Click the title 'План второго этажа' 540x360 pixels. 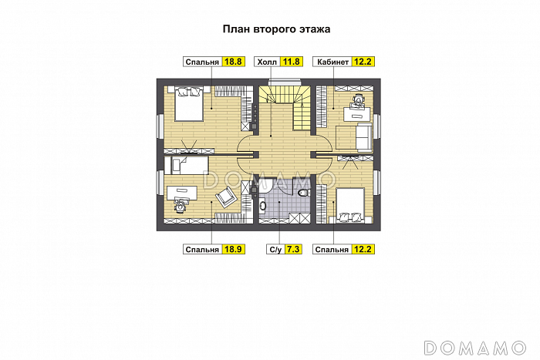pyautogui.click(x=276, y=29)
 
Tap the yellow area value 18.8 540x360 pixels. pyautogui.click(x=234, y=62)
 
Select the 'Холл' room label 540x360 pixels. pyautogui.click(x=267, y=62)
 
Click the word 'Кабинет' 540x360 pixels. pyautogui.click(x=333, y=62)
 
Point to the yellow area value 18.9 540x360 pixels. pyautogui.click(x=234, y=249)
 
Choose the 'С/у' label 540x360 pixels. pyautogui.click(x=275, y=250)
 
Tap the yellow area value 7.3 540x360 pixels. pyautogui.click(x=293, y=249)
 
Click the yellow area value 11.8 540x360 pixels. pyautogui.click(x=292, y=62)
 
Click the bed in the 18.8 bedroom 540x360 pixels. pyautogui.click(x=189, y=103)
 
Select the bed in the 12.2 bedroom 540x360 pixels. pyautogui.click(x=350, y=206)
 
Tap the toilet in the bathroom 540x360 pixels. pyautogui.click(x=302, y=193)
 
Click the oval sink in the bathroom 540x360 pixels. pyautogui.click(x=262, y=206)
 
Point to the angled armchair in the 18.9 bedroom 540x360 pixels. pyautogui.click(x=226, y=197)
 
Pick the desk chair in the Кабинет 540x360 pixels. pyautogui.click(x=358, y=101)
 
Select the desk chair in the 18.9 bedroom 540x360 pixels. pyautogui.click(x=180, y=206)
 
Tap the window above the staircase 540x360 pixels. pyautogui.click(x=285, y=82)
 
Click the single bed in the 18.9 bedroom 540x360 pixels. pyautogui.click(x=187, y=166)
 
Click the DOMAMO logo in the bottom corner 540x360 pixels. pyautogui.click(x=474, y=348)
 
